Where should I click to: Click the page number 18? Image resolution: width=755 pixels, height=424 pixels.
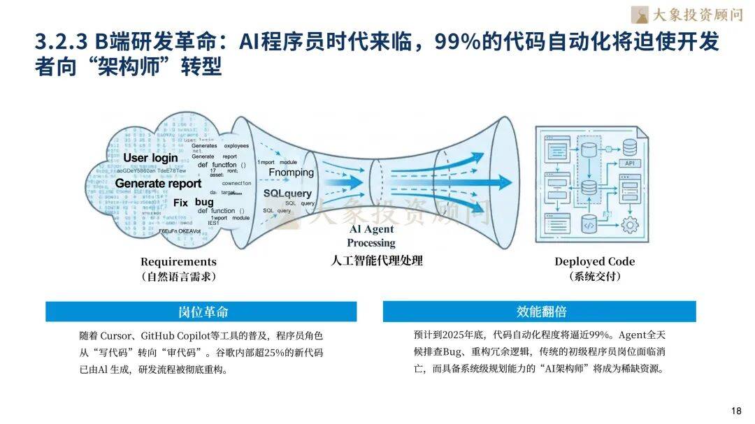735,410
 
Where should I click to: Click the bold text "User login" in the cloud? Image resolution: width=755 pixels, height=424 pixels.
145,158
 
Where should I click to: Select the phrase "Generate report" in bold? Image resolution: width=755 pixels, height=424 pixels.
158,184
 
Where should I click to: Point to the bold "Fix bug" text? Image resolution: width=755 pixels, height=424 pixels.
194,203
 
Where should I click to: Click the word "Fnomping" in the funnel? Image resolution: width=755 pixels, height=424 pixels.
292,173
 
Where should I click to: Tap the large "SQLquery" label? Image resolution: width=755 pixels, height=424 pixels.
287,193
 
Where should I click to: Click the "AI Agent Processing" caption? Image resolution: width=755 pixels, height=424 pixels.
371,236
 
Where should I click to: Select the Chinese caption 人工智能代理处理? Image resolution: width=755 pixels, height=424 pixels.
377,261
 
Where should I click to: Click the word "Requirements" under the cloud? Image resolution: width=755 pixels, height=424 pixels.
178,262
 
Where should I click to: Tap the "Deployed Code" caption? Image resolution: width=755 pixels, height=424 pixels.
595,261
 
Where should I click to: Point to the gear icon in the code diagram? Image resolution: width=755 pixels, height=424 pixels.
631,225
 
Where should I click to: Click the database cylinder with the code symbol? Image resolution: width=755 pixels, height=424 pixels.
589,225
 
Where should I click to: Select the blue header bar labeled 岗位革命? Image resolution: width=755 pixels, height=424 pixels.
201,312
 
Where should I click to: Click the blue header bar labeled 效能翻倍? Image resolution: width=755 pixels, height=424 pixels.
540,312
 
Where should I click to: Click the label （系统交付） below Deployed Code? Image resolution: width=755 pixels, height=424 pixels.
595,277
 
